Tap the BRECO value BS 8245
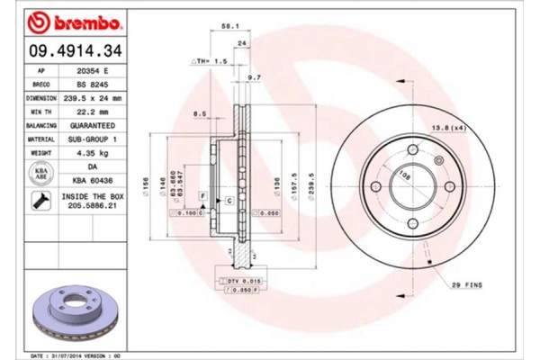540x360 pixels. point(93,84)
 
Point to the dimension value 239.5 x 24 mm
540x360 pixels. point(93,97)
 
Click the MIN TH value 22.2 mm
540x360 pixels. point(93,112)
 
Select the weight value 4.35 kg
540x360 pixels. point(93,153)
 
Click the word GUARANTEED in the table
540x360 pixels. point(93,125)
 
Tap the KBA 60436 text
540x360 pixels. point(93,181)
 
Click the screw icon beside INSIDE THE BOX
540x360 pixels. point(40,202)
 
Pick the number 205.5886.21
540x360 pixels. point(93,207)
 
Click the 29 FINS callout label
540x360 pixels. point(467,284)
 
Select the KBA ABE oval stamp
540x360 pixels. point(40,173)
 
